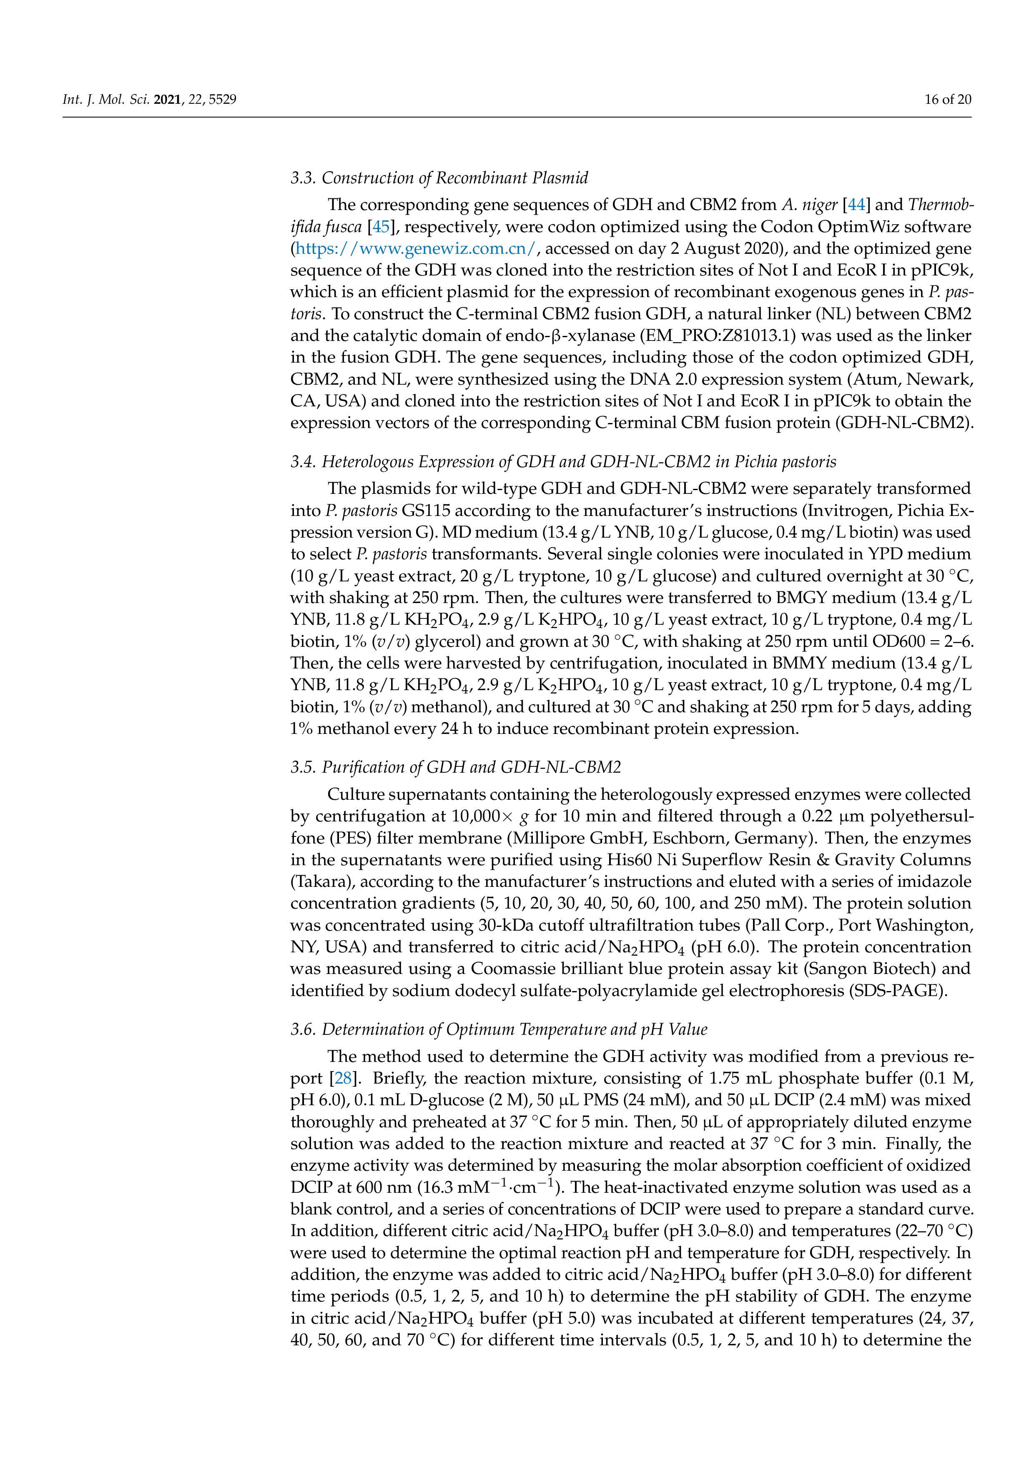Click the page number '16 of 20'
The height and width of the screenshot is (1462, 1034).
point(947,99)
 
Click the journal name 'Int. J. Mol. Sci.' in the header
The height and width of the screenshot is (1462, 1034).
point(105,99)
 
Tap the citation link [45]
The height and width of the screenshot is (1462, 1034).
point(380,227)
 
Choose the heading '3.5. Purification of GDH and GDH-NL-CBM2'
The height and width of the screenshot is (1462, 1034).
point(456,767)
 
